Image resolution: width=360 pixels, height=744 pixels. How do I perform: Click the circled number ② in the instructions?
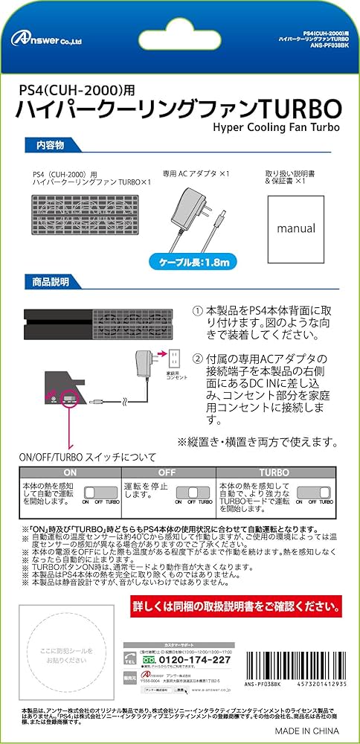tap(197, 359)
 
